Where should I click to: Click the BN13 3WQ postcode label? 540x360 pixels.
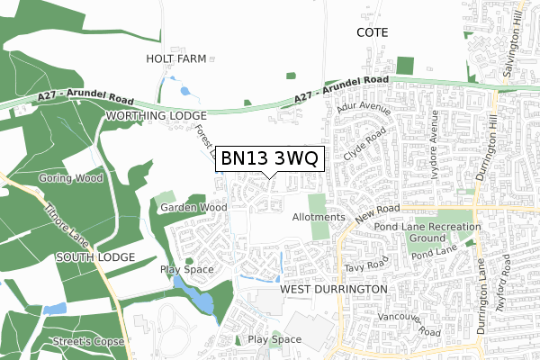click(268, 159)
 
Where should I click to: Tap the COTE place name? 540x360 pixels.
click(372, 31)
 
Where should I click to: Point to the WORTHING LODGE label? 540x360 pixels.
click(156, 116)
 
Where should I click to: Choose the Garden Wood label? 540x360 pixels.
click(193, 207)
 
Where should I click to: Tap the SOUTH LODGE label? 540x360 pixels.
click(94, 256)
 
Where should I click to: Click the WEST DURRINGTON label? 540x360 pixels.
click(334, 289)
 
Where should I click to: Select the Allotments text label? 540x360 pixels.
click(319, 218)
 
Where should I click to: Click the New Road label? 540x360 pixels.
click(375, 213)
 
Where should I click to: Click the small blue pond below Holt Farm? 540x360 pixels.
click(185, 90)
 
